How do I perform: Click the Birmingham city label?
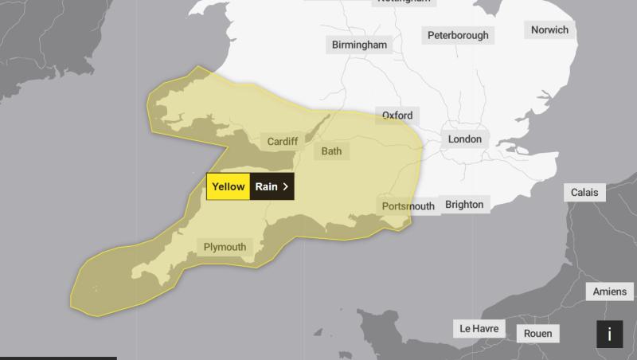tap(359, 45)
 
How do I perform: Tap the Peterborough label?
tap(458, 35)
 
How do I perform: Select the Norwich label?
tap(549, 30)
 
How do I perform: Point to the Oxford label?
tap(397, 115)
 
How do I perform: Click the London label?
tap(465, 139)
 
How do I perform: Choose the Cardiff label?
tap(282, 142)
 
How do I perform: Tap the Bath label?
tap(331, 151)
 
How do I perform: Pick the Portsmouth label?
tap(408, 206)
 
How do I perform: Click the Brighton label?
tap(464, 205)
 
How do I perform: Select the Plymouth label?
tap(225, 247)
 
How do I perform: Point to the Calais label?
tap(584, 193)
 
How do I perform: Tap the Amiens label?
tap(610, 292)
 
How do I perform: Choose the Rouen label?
tap(537, 334)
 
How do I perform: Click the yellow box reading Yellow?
tap(229, 186)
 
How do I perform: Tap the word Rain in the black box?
tap(266, 186)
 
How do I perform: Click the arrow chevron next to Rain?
tap(285, 186)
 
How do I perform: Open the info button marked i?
tap(609, 335)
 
